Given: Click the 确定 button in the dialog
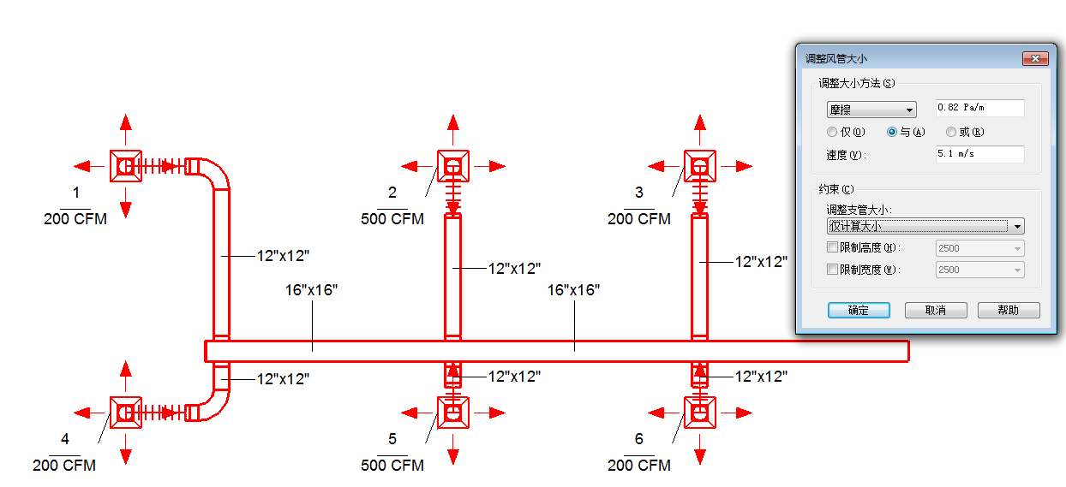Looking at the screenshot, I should [859, 311].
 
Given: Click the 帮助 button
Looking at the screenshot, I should [1009, 311].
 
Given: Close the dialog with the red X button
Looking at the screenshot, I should [1035, 58].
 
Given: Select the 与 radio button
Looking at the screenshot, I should [892, 133].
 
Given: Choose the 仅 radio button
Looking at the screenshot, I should [832, 133].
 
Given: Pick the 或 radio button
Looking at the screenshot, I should [951, 133].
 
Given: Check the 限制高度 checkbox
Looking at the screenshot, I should [832, 248].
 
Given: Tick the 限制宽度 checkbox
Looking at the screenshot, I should [832, 270].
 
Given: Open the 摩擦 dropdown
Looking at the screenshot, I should [871, 110].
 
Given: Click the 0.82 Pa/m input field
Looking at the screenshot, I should [979, 108].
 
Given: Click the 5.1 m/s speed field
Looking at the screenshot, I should [979, 154].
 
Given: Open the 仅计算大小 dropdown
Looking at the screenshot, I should [925, 226].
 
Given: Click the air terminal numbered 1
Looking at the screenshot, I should [126, 165].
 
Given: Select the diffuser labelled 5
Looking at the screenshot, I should [453, 413].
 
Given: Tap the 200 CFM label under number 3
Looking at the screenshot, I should [639, 219].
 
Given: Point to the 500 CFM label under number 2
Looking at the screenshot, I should [392, 219].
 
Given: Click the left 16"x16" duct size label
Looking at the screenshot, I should [311, 290].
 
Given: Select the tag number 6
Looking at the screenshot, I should [639, 439].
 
